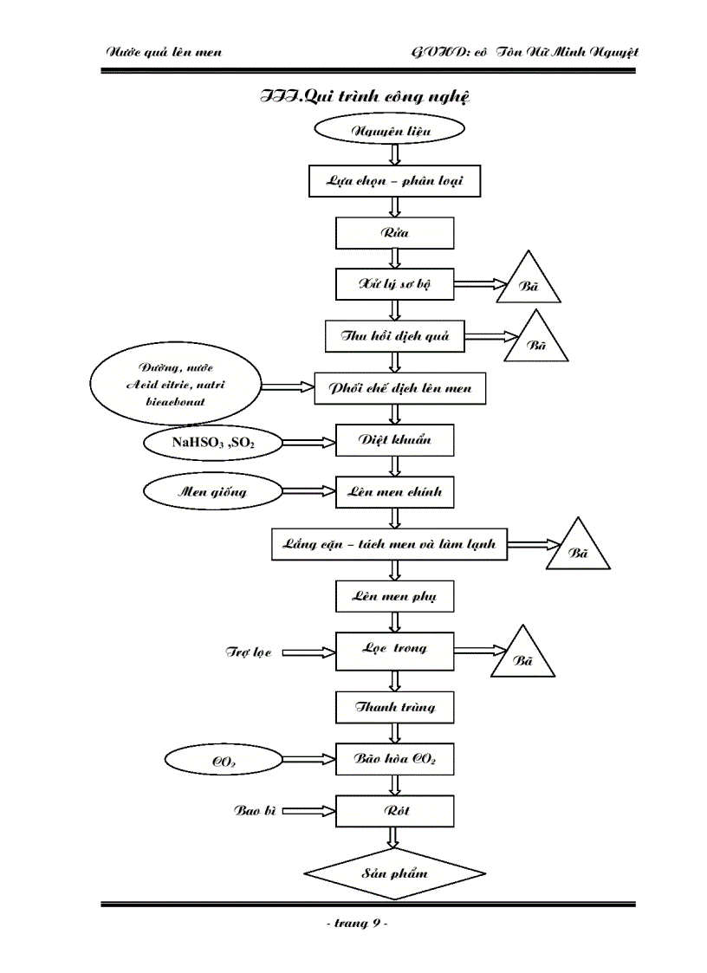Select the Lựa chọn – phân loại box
click(394, 182)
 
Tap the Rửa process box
click(394, 233)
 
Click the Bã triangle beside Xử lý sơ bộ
click(528, 284)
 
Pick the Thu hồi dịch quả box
click(394, 336)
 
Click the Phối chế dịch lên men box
click(399, 388)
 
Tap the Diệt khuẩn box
click(394, 440)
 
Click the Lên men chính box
click(394, 492)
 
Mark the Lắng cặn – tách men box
click(389, 545)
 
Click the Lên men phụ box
click(394, 597)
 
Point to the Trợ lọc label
click(249, 652)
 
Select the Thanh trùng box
click(394, 707)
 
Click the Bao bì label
click(255, 812)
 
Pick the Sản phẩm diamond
click(394, 873)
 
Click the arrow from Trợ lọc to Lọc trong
click(308, 652)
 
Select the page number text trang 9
click(356, 924)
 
